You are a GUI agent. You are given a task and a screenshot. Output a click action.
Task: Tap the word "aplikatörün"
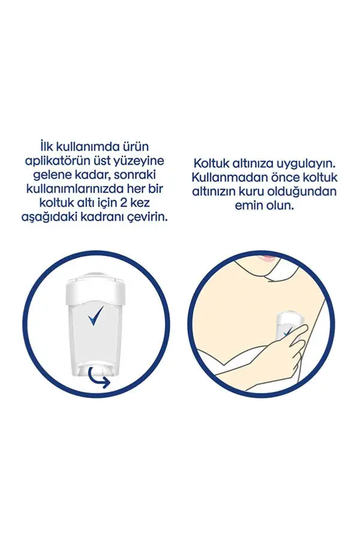(x=56, y=162)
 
